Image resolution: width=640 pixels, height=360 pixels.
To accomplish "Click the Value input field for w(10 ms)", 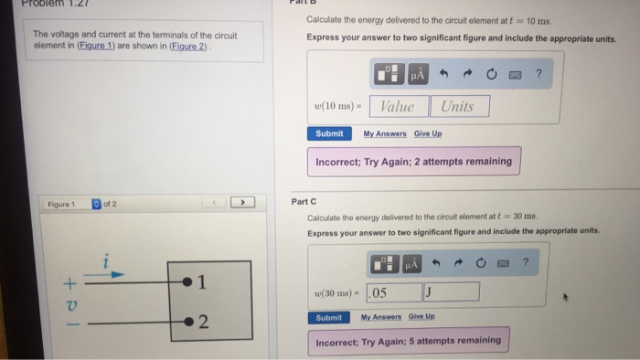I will pyautogui.click(x=397, y=106).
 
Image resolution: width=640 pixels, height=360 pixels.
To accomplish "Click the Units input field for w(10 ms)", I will pyautogui.click(x=457, y=106).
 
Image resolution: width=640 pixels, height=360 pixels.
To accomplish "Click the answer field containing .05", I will pyautogui.click(x=393, y=292).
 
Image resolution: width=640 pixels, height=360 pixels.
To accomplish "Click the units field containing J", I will pyautogui.click(x=451, y=292).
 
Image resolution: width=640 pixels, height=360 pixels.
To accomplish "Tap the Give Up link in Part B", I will pyautogui.click(x=427, y=133).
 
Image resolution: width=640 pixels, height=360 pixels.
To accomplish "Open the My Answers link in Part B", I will pyautogui.click(x=385, y=133).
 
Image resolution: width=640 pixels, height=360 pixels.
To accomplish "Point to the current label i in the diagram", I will pyautogui.click(x=108, y=260).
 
